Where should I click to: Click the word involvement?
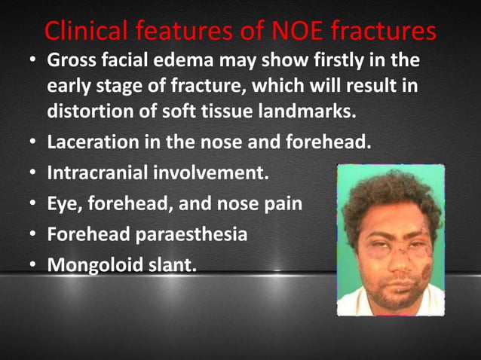coord(210,172)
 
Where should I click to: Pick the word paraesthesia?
coord(192,234)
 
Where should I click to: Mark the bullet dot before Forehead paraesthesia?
coord(35,235)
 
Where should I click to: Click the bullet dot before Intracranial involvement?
coord(35,173)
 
